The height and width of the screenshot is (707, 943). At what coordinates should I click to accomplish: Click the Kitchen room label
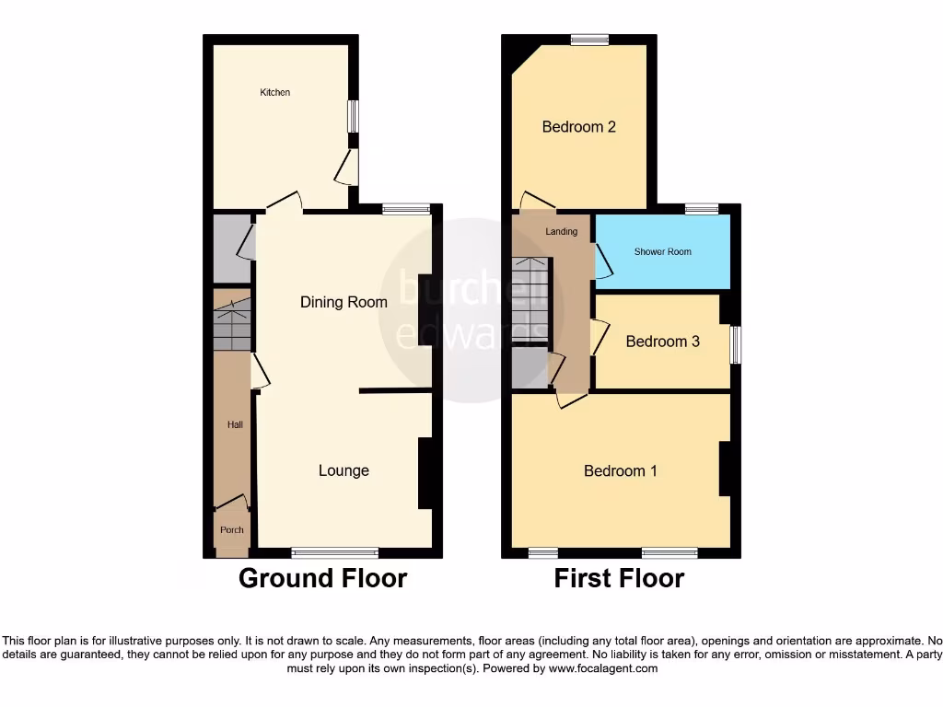pyautogui.click(x=274, y=92)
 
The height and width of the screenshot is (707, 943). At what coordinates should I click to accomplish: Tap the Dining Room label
pyautogui.click(x=343, y=302)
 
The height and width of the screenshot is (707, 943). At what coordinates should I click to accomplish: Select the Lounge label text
pyautogui.click(x=343, y=470)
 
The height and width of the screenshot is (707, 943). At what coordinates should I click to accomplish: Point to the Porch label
pyautogui.click(x=232, y=529)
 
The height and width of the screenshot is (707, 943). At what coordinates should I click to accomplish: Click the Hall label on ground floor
pyautogui.click(x=236, y=425)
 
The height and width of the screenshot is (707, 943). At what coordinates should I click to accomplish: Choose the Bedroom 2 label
pyautogui.click(x=578, y=127)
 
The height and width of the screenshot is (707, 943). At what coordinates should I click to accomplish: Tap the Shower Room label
pyautogui.click(x=662, y=251)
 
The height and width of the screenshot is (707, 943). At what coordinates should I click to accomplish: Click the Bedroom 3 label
pyautogui.click(x=662, y=342)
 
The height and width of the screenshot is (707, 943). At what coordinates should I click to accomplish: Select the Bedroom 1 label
pyautogui.click(x=620, y=470)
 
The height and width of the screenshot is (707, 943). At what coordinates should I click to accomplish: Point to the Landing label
pyautogui.click(x=561, y=231)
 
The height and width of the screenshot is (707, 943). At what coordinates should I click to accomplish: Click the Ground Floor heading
pyautogui.click(x=322, y=578)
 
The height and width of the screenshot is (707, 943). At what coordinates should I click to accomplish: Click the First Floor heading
pyautogui.click(x=619, y=578)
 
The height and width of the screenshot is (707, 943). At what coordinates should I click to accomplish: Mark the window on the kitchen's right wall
pyautogui.click(x=353, y=116)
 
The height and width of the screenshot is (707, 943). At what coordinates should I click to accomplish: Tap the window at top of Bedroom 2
pyautogui.click(x=589, y=40)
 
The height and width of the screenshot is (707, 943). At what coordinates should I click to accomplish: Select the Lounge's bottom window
pyautogui.click(x=335, y=552)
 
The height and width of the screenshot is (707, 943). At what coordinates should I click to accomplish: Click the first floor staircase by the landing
pyautogui.click(x=530, y=299)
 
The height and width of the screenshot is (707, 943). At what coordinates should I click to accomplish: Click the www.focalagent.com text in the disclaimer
pyautogui.click(x=603, y=668)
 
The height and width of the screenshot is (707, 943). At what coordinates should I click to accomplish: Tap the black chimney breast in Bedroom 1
pyautogui.click(x=725, y=469)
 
